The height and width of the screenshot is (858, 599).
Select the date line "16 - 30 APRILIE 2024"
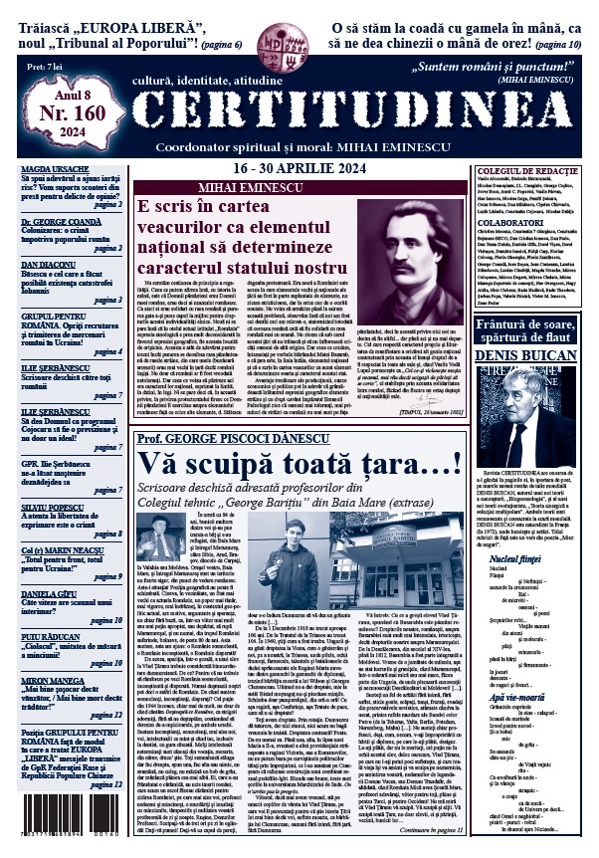299,169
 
